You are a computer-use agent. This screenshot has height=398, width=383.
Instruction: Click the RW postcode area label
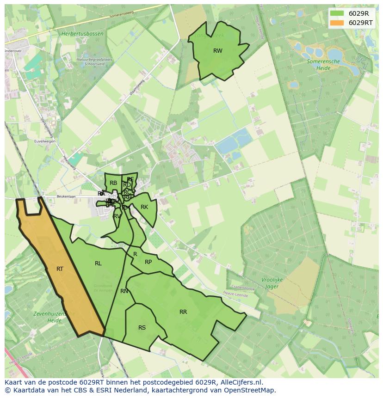(x=217, y=51)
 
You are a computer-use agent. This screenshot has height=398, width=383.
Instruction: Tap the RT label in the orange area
(x=60, y=269)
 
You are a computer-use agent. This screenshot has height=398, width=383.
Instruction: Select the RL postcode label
(x=98, y=263)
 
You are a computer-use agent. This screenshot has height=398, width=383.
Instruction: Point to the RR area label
(x=183, y=312)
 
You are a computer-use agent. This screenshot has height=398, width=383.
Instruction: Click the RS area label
(x=142, y=328)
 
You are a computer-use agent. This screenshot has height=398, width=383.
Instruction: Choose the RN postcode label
(x=124, y=291)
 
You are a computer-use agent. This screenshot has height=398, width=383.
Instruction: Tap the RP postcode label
(x=148, y=262)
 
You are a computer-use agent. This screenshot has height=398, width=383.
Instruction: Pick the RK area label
(x=144, y=207)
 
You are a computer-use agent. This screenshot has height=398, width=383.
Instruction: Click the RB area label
(x=113, y=183)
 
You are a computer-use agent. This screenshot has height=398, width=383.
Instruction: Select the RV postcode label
(x=117, y=216)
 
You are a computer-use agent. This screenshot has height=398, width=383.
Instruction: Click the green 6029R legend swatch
(x=337, y=13)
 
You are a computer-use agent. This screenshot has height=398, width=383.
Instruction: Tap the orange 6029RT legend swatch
(x=337, y=23)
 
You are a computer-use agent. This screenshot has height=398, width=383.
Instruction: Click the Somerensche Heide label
(x=323, y=64)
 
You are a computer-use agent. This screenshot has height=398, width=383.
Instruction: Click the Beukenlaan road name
(x=52, y=196)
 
